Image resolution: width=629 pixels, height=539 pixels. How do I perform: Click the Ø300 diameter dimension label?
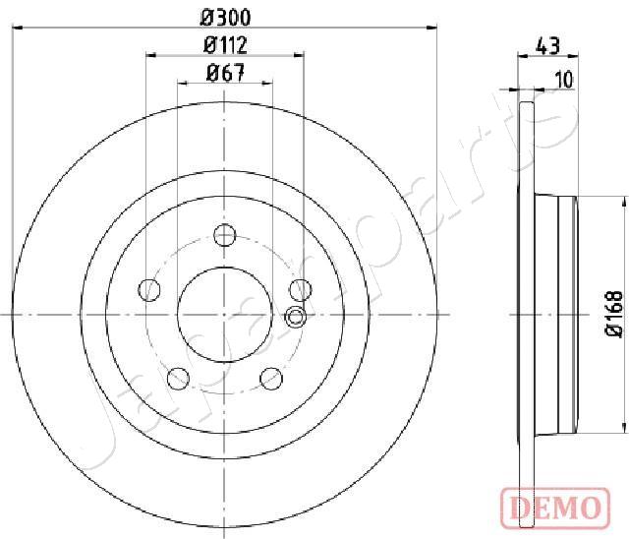pyautogui.click(x=225, y=18)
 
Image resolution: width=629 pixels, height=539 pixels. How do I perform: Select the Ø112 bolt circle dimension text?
pyautogui.click(x=225, y=45)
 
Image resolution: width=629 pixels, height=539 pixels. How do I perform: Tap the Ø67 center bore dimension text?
pyautogui.click(x=225, y=73)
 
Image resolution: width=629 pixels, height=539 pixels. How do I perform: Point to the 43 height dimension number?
pyautogui.click(x=548, y=46)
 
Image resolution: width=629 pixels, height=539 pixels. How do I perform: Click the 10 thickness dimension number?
pyautogui.click(x=564, y=80)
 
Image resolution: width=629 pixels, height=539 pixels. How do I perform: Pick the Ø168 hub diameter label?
pyautogui.click(x=614, y=314)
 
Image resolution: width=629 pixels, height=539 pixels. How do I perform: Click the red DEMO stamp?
pyautogui.click(x=555, y=509)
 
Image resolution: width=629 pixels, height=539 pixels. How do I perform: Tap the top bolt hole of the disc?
pyautogui.click(x=224, y=235)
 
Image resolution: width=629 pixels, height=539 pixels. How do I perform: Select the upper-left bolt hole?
pyautogui.click(x=149, y=290)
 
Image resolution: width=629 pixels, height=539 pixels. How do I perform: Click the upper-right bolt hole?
pyautogui.click(x=301, y=290)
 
